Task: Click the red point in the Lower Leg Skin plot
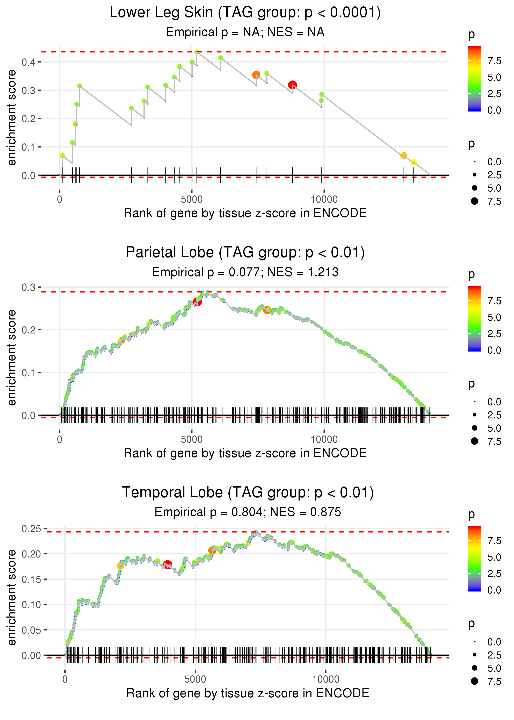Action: [292, 85]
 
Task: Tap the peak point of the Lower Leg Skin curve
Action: [197, 52]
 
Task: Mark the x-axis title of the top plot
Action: [245, 213]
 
